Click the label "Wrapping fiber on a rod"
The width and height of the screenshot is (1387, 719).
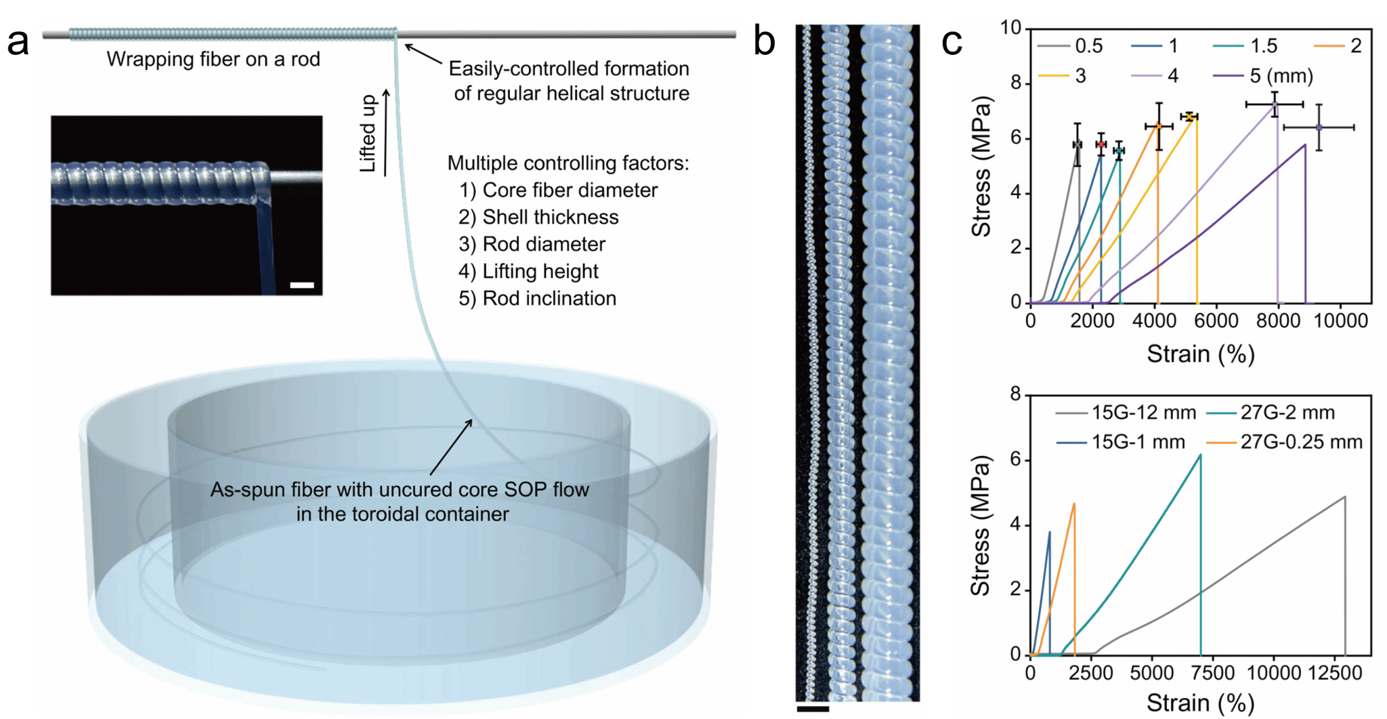(213, 60)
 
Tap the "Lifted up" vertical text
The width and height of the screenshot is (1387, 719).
(368, 133)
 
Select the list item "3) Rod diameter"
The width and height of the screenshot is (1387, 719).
(532, 244)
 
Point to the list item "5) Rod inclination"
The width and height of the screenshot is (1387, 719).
(537, 298)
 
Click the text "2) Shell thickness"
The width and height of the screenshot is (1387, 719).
(538, 217)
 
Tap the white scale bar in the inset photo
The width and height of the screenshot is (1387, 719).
(302, 285)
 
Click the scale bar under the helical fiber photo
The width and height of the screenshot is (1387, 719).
(813, 709)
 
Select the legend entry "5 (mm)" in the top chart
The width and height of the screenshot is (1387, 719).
(1281, 75)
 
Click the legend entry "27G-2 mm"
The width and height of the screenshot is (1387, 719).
(1287, 412)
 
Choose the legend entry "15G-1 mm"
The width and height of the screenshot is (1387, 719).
(1138, 442)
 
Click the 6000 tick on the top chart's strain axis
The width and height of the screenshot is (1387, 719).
(1216, 321)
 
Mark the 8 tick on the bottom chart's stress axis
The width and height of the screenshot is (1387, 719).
(1015, 394)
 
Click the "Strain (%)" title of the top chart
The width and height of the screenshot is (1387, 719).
(1200, 354)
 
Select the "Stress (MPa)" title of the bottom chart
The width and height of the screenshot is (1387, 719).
(980, 525)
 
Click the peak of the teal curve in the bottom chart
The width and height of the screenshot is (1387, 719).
(1200, 455)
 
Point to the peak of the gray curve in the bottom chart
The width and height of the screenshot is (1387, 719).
(1344, 497)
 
